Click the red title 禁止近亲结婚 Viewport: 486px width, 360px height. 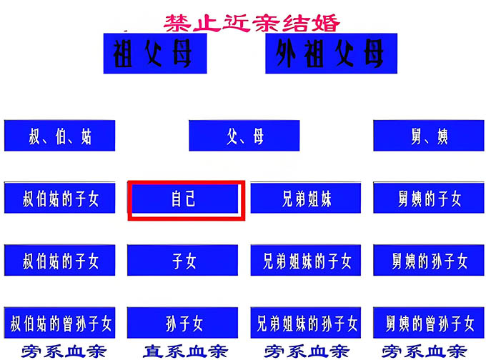(252, 23)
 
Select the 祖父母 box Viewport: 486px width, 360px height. (155, 54)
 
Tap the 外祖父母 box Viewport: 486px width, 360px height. (331, 54)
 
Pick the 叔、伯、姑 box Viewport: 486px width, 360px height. (59, 136)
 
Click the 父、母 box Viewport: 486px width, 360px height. (244, 136)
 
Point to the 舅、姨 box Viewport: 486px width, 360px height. (429, 136)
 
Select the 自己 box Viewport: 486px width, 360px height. (185, 199)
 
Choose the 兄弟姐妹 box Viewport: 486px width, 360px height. (306, 198)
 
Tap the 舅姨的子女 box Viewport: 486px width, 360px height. (429, 198)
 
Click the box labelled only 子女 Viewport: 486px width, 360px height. (182, 260)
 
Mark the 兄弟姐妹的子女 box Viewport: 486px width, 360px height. (306, 260)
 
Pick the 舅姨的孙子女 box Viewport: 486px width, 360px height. (429, 260)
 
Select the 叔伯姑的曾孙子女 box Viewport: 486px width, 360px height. (59, 323)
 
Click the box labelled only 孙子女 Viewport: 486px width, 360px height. (182, 323)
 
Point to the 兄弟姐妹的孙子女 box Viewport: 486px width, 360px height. (306, 323)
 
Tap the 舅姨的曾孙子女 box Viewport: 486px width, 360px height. (429, 323)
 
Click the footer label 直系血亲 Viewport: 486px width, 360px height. (185, 351)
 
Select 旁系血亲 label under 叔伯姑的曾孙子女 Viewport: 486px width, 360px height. (64, 351)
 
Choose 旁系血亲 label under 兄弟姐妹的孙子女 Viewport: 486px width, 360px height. (307, 351)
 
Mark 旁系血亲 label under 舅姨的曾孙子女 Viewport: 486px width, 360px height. (425, 351)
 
